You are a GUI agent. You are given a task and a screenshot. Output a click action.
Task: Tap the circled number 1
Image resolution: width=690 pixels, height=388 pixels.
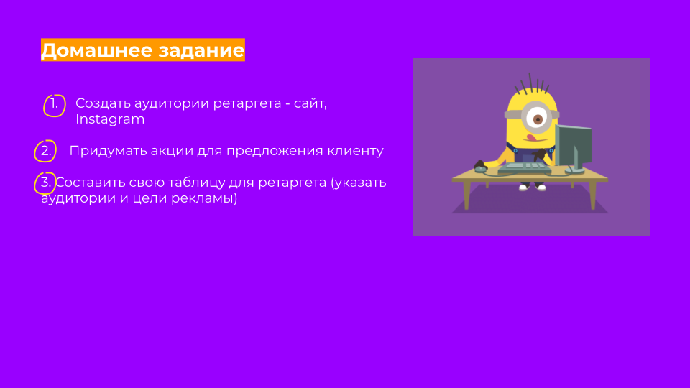pos(55,105)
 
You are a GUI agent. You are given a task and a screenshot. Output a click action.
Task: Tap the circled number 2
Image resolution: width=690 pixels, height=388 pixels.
pos(45,151)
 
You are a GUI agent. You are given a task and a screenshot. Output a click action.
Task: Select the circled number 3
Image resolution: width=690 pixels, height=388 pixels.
pos(45,183)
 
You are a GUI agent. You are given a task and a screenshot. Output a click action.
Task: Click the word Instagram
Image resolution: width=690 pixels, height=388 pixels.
pos(110,119)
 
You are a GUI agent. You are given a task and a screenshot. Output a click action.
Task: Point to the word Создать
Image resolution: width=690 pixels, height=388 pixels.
pos(103,103)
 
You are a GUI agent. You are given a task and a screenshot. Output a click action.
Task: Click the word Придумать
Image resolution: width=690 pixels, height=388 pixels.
pos(108,151)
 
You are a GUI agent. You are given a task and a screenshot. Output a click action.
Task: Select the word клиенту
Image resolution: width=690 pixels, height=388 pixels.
pos(355,151)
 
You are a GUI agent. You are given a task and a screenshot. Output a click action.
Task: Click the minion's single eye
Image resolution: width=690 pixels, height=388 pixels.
pos(537,119)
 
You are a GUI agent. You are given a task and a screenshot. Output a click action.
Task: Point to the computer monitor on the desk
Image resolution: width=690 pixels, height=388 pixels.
pos(573,147)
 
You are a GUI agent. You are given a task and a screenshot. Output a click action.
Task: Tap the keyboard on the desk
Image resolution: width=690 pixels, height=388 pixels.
pos(524,167)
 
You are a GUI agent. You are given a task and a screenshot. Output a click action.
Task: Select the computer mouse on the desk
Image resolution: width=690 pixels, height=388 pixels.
pos(480,167)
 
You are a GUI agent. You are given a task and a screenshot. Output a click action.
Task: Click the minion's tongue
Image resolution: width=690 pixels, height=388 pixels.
pos(532,138)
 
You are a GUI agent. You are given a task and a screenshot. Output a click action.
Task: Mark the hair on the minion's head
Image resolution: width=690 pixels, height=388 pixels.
pos(532,83)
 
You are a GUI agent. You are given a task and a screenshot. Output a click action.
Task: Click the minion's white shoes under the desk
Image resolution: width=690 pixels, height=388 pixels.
pos(532,188)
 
